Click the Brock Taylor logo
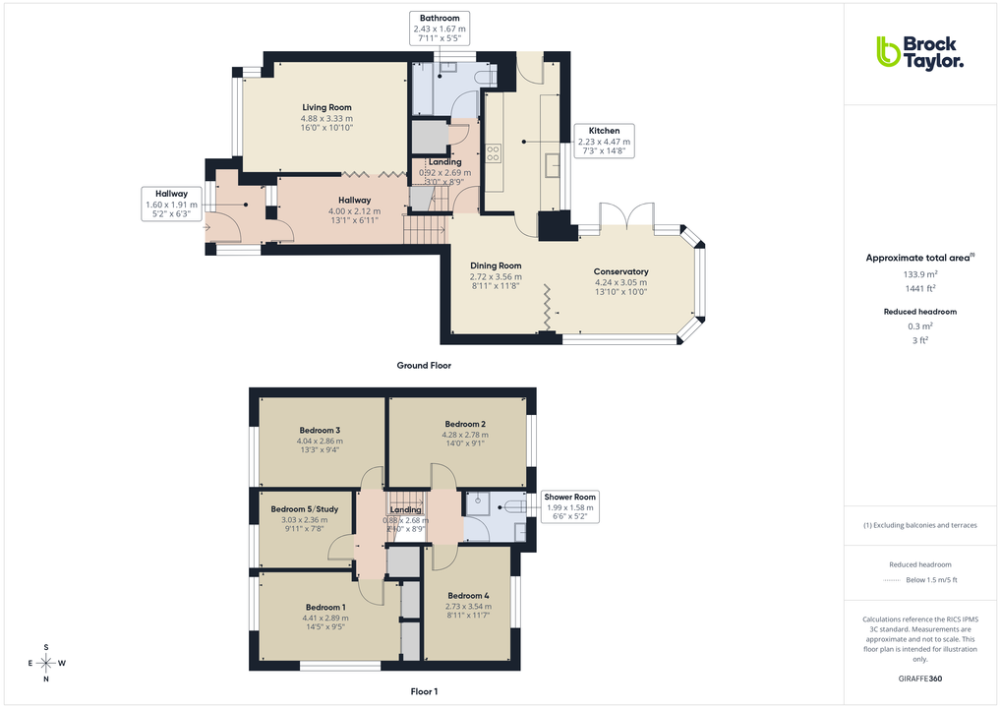coord(919,52)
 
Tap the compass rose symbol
coord(46,663)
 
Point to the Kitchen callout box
coord(604,142)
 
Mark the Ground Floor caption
coord(424,365)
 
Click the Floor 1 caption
coord(424,691)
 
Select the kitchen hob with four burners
coord(493,152)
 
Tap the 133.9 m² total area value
coord(920,274)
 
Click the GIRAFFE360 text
coord(920,678)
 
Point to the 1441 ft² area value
coord(920,288)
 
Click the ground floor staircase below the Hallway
coord(425,231)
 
